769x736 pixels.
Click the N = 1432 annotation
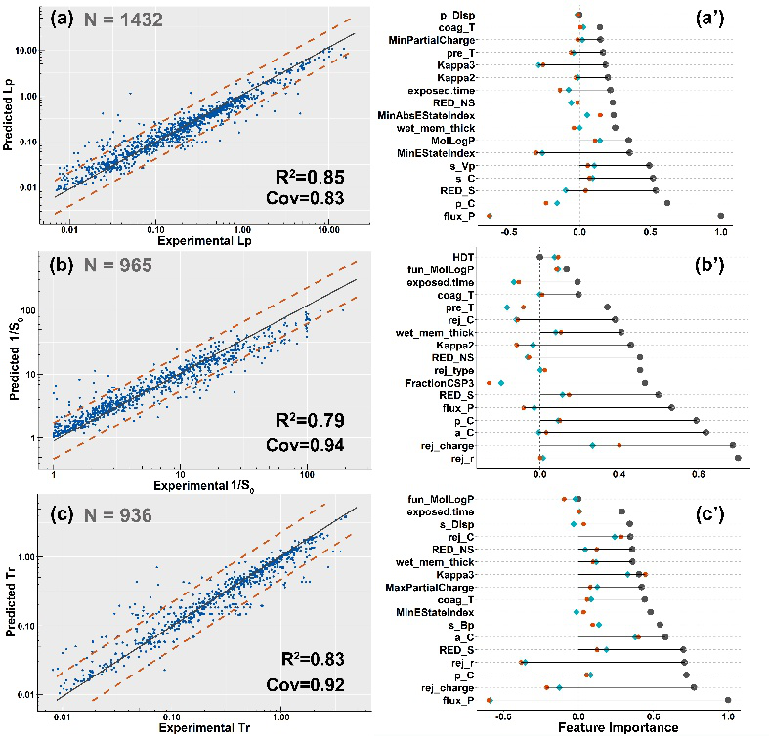121,19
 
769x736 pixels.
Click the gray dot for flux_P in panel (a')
720,216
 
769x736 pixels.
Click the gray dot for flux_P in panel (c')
728,700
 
